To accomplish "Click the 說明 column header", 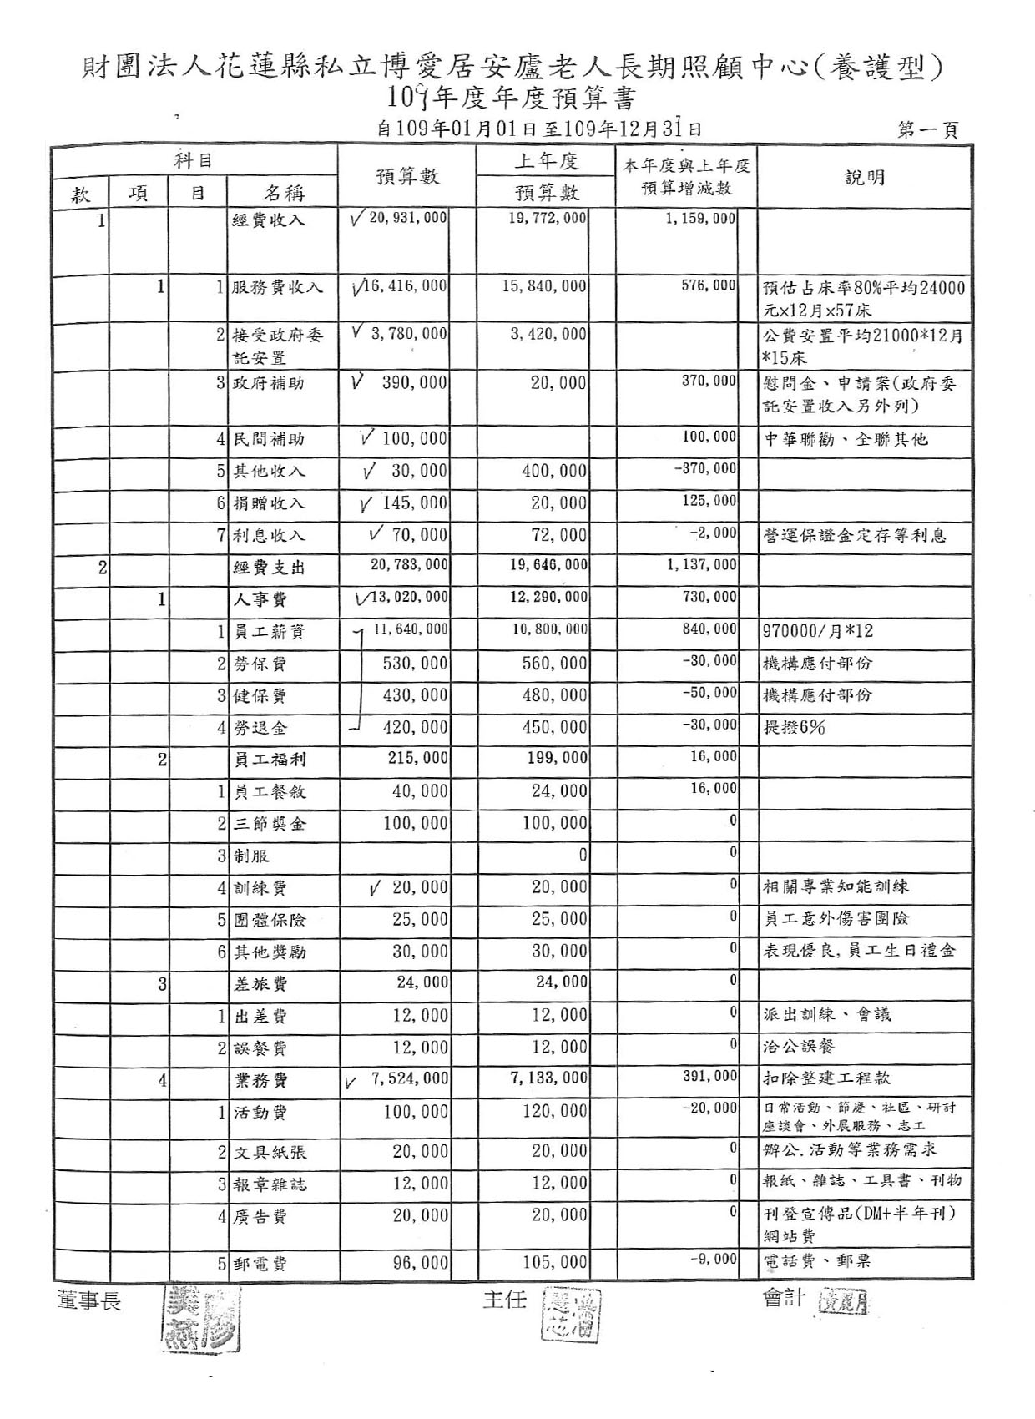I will tap(865, 177).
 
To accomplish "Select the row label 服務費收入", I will tap(277, 287).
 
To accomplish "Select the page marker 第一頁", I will tap(927, 130).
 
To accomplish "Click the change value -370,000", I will tap(705, 469).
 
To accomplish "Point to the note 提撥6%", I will tap(794, 727).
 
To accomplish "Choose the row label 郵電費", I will tap(260, 1264).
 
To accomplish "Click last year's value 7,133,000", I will tap(548, 1078).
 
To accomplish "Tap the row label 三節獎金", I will tap(270, 824).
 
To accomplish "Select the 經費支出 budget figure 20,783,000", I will tap(409, 565).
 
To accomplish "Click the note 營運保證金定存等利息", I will tap(855, 535).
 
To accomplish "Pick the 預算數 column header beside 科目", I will tap(406, 177).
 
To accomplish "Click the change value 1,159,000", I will tap(701, 219).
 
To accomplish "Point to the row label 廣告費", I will tap(260, 1217).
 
